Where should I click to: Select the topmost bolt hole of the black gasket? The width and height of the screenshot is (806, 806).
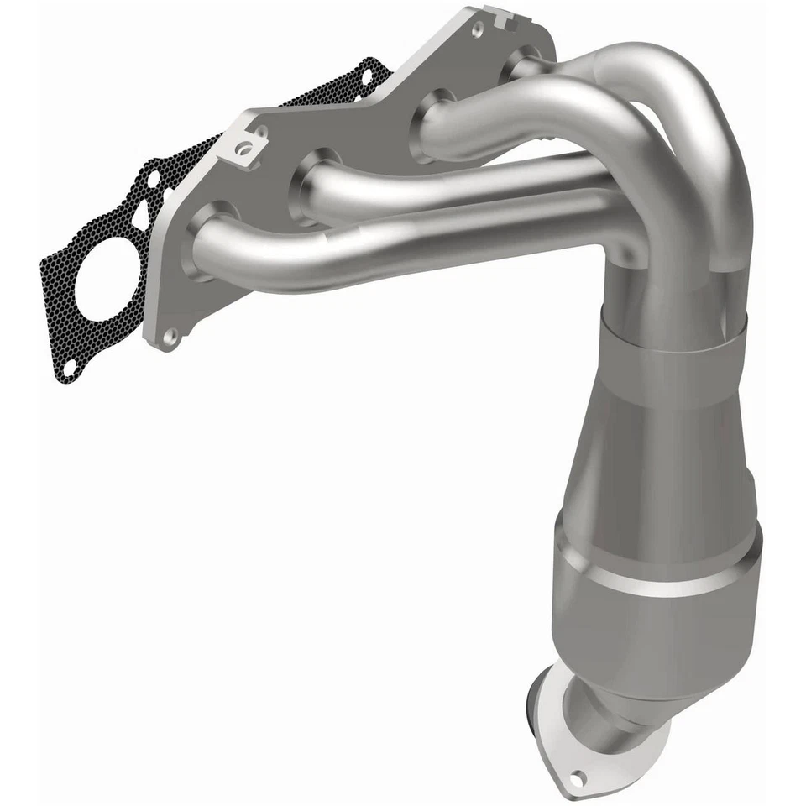click(x=365, y=75)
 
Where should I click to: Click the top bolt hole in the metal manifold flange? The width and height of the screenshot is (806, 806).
click(x=478, y=30)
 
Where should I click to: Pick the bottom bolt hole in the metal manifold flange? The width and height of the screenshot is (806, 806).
click(x=170, y=336)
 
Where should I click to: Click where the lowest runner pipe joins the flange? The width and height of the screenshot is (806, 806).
click(x=201, y=239)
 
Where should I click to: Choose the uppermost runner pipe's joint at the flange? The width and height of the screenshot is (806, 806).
click(x=521, y=65)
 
